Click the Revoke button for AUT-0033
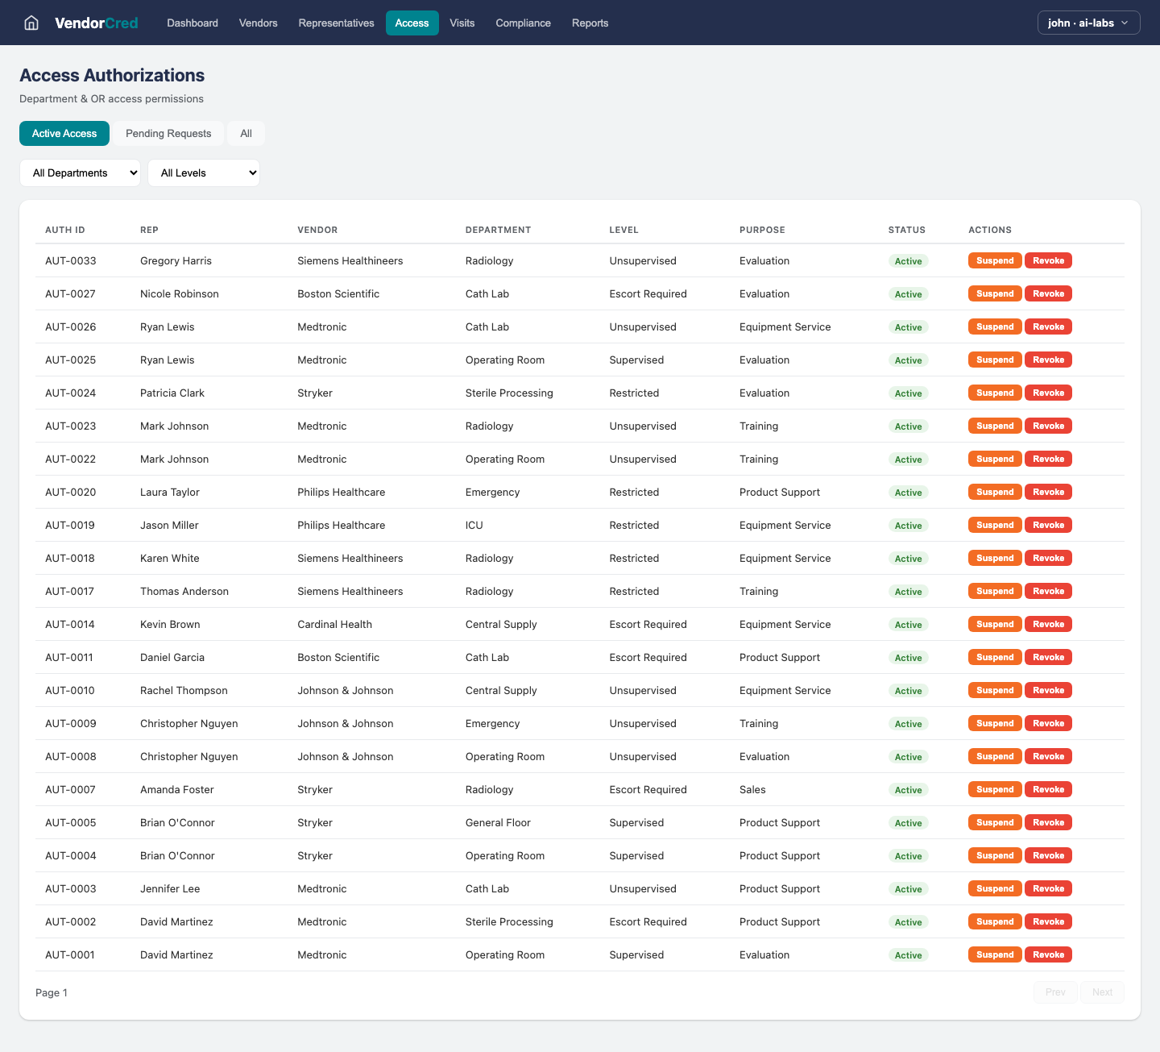(x=1048, y=260)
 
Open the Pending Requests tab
(x=168, y=134)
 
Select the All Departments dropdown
(x=80, y=173)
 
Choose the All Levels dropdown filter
(x=204, y=173)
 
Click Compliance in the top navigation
(x=523, y=23)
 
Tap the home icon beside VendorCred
(x=31, y=23)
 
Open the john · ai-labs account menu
(x=1088, y=23)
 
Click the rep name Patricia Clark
(x=172, y=393)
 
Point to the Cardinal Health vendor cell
(x=334, y=624)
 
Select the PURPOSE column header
(x=762, y=230)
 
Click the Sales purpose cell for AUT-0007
(x=752, y=789)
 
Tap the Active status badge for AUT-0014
(x=908, y=625)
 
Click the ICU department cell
(x=474, y=525)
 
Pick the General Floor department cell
(x=498, y=822)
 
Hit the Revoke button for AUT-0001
(x=1048, y=954)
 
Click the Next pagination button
(x=1102, y=992)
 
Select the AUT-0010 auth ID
(x=70, y=690)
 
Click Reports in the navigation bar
(x=590, y=23)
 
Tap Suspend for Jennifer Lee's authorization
(x=995, y=888)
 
